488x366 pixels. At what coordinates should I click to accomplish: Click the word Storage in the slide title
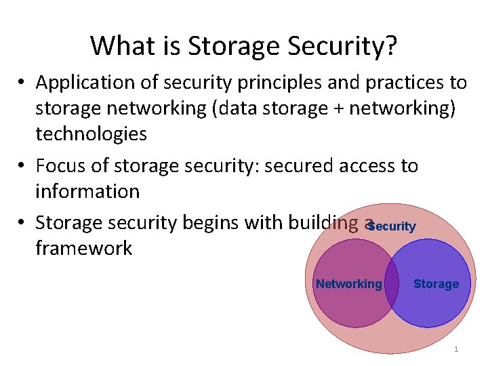coord(234,46)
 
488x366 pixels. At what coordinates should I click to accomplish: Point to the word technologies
coord(91,134)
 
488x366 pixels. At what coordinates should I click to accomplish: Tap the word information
coord(87,191)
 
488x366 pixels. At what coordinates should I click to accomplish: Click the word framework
coord(83,248)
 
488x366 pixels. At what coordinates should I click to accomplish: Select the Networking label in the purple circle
coord(348,284)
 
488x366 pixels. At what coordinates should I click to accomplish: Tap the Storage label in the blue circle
coord(436,284)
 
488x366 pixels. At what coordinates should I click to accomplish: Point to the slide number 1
coord(456,349)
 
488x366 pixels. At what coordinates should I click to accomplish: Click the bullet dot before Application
coord(22,83)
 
